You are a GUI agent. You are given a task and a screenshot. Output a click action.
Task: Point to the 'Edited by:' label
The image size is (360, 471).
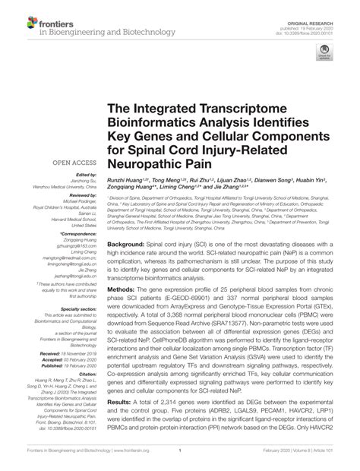click(x=84, y=175)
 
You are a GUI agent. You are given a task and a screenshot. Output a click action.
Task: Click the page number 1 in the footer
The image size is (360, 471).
click(x=179, y=462)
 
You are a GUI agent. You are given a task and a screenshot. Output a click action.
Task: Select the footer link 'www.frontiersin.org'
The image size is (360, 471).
click(x=132, y=462)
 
